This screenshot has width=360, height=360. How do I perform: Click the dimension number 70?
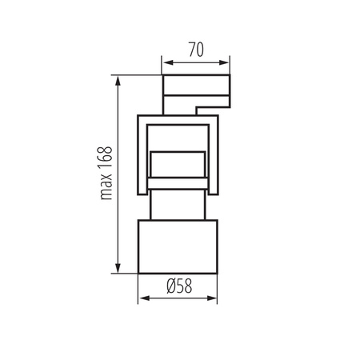(x=195, y=49)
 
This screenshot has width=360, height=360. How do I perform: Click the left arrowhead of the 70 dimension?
(x=166, y=61)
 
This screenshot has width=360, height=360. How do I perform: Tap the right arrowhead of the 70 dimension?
(x=226, y=61)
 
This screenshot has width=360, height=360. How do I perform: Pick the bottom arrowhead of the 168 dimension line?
(x=118, y=270)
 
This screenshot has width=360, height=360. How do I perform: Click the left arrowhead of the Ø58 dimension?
(x=143, y=300)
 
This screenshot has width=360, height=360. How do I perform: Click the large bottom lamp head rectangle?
(x=178, y=246)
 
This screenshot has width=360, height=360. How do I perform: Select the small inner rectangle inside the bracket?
(x=178, y=164)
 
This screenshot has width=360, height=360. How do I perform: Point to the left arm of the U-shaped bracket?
(x=141, y=156)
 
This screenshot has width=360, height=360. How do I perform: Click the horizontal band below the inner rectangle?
(x=178, y=185)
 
